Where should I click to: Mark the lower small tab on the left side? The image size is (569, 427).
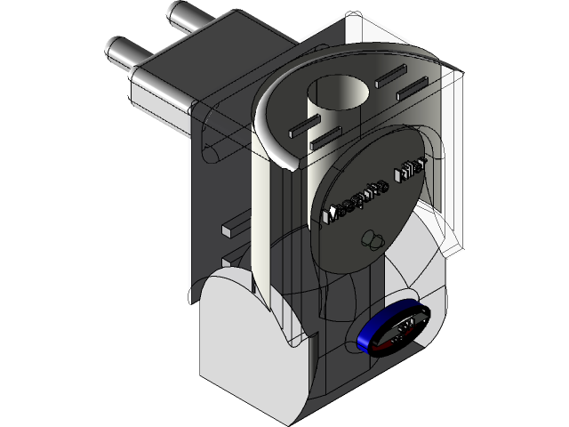tap(228, 261)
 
